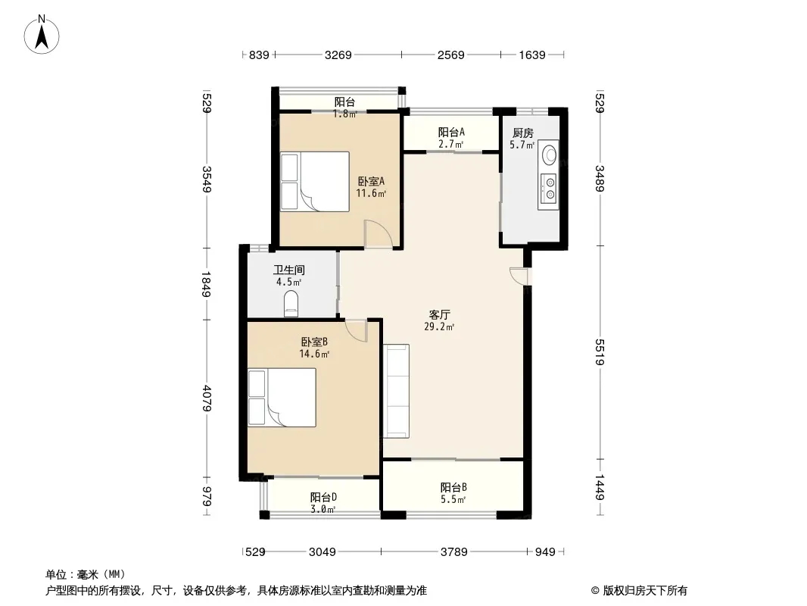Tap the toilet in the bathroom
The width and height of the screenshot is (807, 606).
tap(291, 304)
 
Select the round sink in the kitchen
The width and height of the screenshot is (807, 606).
tap(550, 154)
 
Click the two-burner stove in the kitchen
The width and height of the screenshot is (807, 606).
tap(549, 187)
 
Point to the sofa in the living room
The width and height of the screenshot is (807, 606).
tap(396, 391)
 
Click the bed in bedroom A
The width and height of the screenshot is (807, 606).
tap(314, 181)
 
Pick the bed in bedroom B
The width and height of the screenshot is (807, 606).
tap(282, 398)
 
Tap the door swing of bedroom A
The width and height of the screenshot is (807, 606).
tap(379, 234)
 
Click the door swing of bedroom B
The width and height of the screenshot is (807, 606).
tap(356, 330)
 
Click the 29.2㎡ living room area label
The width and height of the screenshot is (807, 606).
tap(439, 326)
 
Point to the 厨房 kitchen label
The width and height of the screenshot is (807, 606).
tap(523, 133)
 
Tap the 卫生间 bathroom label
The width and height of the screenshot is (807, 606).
tap(288, 270)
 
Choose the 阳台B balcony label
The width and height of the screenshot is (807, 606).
tap(453, 487)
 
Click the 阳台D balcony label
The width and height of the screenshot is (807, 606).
tap(323, 498)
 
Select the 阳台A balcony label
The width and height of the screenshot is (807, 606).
tap(451, 132)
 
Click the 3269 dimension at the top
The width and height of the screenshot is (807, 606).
tap(338, 55)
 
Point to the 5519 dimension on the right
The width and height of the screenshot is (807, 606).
tap(600, 352)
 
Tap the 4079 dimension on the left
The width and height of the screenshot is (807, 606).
tap(207, 398)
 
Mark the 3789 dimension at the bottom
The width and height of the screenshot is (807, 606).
tap(454, 552)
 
